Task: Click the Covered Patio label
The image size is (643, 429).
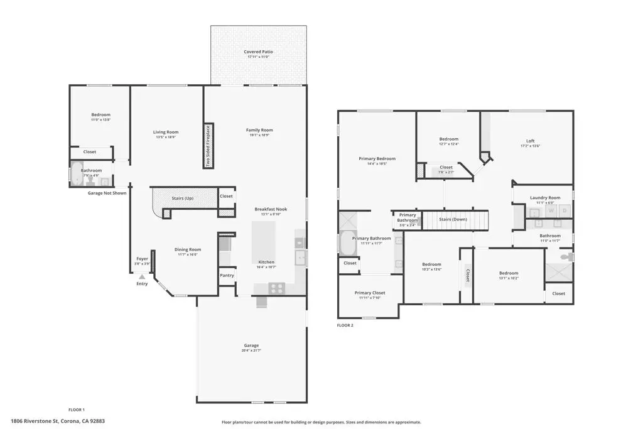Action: [x=258, y=52]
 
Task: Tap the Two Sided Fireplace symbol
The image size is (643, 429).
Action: [x=208, y=146]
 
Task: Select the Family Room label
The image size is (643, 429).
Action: [x=259, y=130]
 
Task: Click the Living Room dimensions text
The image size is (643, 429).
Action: [x=166, y=137]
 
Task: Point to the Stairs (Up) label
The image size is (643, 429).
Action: [x=183, y=198]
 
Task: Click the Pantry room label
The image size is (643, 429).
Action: [x=226, y=275]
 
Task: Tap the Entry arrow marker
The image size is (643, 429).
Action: [x=143, y=276]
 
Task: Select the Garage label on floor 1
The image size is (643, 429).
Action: [x=251, y=345]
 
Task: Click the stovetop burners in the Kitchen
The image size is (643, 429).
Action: [x=276, y=288]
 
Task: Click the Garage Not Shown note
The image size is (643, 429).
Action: [x=107, y=193]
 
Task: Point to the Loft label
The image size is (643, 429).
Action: [x=531, y=141]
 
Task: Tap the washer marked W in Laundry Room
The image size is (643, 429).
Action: [x=551, y=210]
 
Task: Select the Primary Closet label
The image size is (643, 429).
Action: [x=369, y=293]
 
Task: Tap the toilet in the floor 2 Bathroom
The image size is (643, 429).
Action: [x=566, y=257]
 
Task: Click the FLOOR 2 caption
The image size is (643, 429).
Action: [x=345, y=325]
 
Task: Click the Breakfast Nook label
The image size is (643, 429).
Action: [x=271, y=209]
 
